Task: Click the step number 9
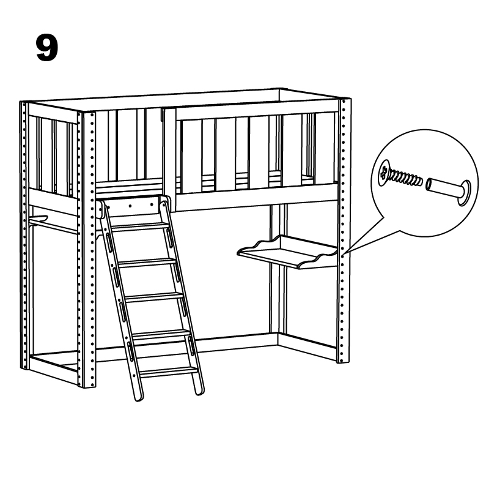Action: click(x=47, y=48)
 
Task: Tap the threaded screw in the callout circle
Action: click(x=400, y=175)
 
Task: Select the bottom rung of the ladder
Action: click(x=169, y=371)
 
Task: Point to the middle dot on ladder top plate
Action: click(x=130, y=206)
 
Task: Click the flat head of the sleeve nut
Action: click(x=465, y=193)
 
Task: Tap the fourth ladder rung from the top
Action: click(x=161, y=334)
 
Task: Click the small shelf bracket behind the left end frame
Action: click(x=38, y=219)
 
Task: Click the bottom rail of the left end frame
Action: click(x=53, y=368)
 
